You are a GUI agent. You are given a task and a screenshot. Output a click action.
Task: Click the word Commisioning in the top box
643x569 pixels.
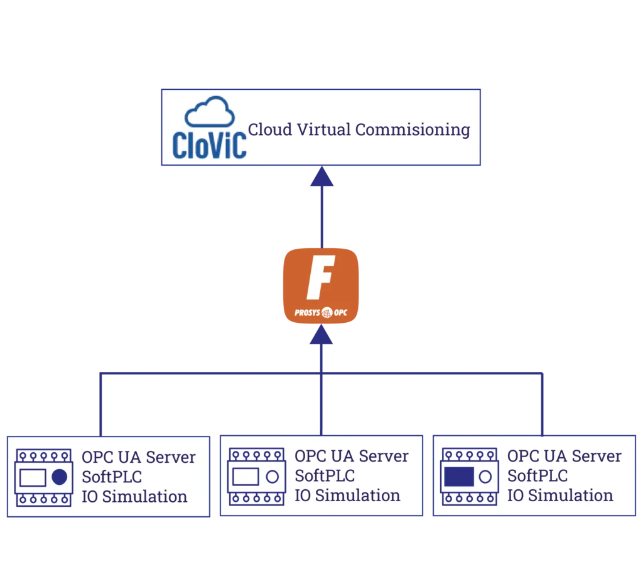click(413, 129)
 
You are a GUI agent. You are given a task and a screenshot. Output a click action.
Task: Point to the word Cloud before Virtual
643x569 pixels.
click(270, 129)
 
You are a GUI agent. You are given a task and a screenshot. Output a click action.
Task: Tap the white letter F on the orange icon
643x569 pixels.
click(320, 277)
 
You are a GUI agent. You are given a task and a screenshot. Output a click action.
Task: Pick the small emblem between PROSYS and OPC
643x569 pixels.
click(327, 312)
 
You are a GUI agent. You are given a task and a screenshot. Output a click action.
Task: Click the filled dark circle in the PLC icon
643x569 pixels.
click(59, 477)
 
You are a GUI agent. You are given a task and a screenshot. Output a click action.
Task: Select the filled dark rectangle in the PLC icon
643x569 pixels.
click(458, 477)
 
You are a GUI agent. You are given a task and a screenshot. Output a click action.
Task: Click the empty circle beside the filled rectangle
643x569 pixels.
click(485, 477)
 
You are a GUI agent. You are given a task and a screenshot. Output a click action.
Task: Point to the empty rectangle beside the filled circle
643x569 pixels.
click(33, 477)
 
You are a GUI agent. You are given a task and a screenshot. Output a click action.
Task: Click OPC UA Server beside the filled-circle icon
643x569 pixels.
click(139, 457)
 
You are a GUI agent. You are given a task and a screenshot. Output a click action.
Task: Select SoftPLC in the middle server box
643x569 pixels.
click(325, 475)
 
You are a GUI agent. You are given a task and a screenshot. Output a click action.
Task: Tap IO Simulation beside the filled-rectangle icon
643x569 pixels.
click(560, 495)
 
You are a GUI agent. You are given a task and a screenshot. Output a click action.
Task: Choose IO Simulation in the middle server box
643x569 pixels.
click(347, 495)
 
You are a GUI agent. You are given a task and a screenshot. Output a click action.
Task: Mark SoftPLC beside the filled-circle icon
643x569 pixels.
click(112, 477)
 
